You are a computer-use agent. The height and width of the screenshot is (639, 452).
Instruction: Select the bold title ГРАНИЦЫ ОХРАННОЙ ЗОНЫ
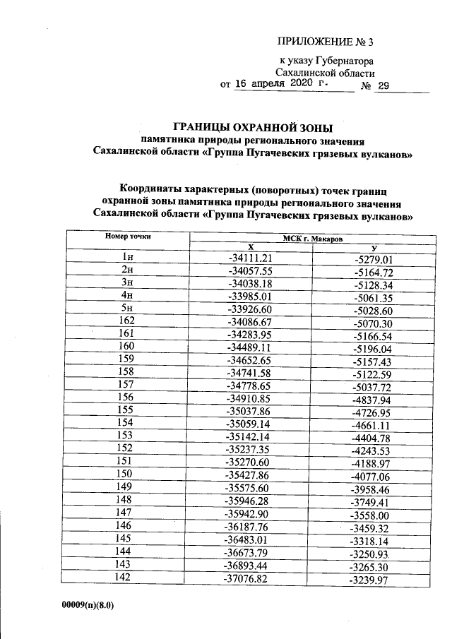click(253, 127)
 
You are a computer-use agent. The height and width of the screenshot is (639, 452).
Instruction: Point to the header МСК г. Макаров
click(313, 239)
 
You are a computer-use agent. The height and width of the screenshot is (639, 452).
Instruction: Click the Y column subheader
click(374, 248)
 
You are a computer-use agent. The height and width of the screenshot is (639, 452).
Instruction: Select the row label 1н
click(128, 258)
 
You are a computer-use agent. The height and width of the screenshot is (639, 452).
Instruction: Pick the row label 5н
click(128, 309)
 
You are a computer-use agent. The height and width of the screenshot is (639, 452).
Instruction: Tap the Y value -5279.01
click(374, 258)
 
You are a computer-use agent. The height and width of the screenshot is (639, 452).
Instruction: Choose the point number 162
click(128, 321)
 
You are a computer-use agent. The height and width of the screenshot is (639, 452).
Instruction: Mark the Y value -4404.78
click(374, 436)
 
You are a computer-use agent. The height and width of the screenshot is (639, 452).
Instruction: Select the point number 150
click(128, 474)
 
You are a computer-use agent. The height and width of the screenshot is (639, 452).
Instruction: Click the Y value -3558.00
click(374, 512)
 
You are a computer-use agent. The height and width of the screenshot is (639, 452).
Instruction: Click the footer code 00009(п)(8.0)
click(88, 605)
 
